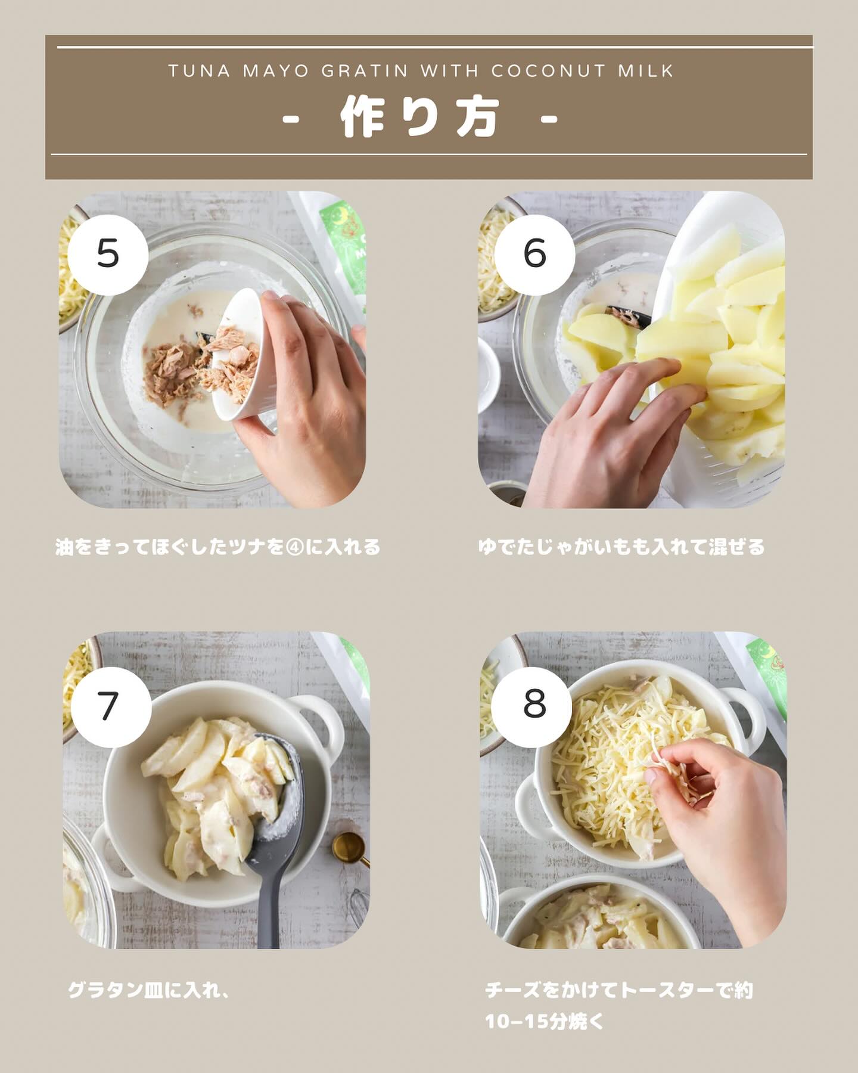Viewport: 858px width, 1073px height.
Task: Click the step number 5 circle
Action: click(x=108, y=254)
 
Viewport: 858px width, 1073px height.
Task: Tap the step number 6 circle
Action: click(x=534, y=254)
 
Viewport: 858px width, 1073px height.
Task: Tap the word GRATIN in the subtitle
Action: click(x=365, y=71)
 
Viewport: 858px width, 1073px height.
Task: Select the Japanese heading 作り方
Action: click(x=419, y=118)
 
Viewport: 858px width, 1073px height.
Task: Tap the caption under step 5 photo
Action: click(x=218, y=547)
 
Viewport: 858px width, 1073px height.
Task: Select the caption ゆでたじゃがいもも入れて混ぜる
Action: click(x=621, y=547)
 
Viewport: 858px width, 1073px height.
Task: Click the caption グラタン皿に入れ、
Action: click(x=149, y=991)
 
